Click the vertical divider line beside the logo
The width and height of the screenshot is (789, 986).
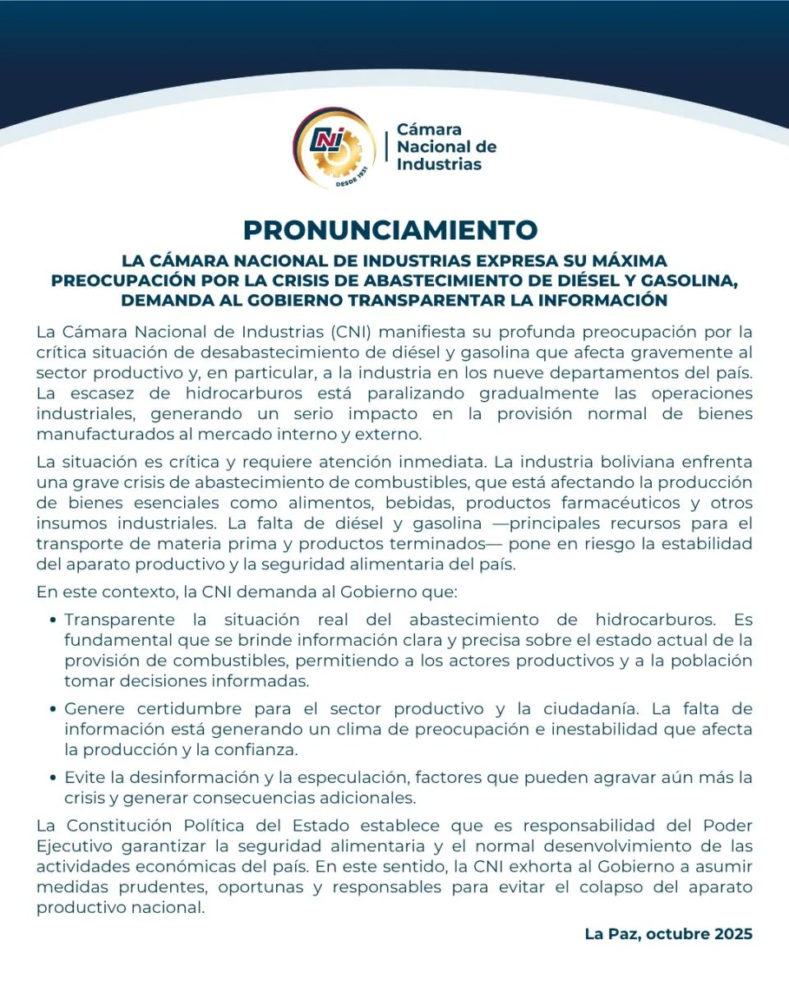point(385,146)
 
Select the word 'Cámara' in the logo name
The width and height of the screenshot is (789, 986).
point(429,129)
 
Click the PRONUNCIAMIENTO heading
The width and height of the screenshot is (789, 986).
point(390,229)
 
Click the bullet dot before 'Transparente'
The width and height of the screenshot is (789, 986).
point(53,620)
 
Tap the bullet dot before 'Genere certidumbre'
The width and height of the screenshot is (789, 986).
point(53,709)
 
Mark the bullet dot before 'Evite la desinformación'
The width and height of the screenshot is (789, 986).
point(53,777)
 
